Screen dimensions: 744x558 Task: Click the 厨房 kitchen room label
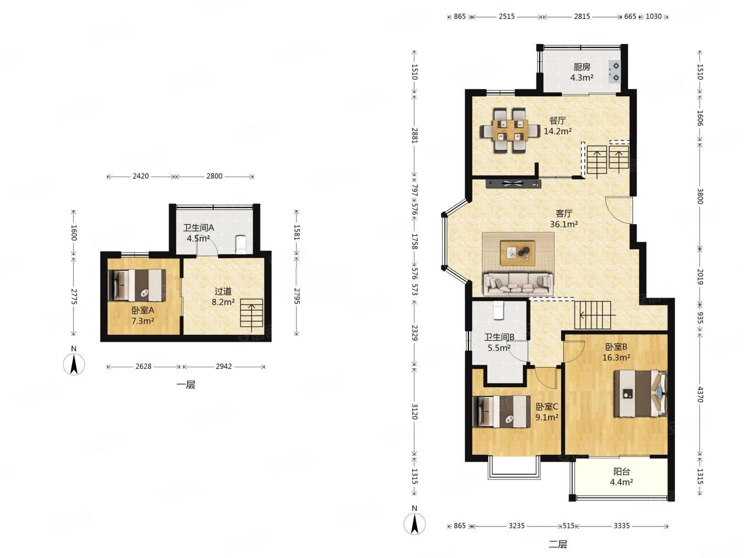[x=582, y=67]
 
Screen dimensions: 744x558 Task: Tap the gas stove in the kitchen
[x=614, y=71]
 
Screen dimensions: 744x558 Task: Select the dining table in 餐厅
[x=510, y=130]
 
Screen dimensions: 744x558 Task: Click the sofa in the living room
[x=518, y=283]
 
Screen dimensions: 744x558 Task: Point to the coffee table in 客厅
[x=518, y=253]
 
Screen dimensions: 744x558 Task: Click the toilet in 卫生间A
[x=240, y=244]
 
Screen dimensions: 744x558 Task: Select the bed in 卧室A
[x=137, y=285]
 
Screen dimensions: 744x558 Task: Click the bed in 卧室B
[x=640, y=393]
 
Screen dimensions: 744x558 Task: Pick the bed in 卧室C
[x=501, y=411]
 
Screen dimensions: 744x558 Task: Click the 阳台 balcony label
[x=621, y=471]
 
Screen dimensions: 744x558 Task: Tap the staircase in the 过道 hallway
[x=251, y=313]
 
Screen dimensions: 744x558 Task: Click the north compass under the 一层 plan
[x=74, y=364]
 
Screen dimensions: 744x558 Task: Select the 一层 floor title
[x=186, y=385]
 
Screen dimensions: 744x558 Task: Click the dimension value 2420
[x=140, y=176]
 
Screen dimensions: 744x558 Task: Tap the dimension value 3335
[x=621, y=526]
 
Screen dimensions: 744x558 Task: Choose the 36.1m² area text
[x=564, y=224]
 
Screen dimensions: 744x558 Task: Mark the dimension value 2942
[x=224, y=366]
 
